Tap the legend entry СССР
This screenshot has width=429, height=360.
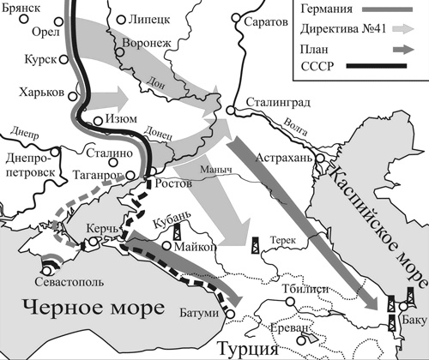pyautogui.click(x=317, y=66)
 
